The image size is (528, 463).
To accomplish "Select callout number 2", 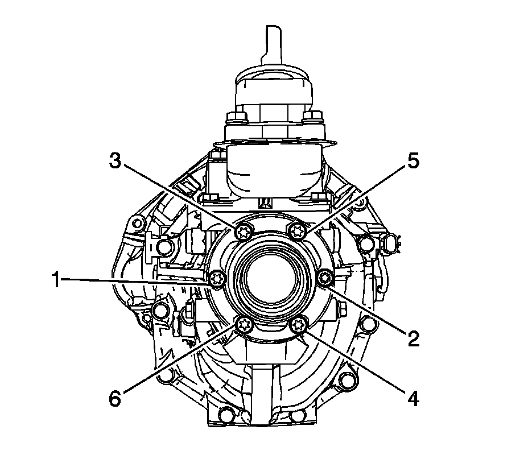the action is click(414, 338).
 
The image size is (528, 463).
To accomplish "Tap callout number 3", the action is click(115, 161).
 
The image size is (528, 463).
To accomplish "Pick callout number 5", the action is click(413, 161).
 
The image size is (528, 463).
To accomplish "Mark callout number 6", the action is click(115, 399).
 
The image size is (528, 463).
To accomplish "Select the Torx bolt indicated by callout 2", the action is click(325, 278).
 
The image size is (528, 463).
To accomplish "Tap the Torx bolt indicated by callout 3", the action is click(243, 231).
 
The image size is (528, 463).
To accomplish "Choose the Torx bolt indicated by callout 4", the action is click(298, 325).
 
